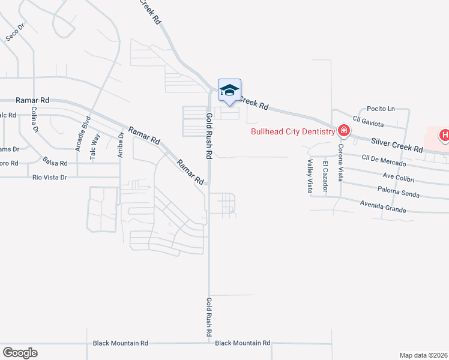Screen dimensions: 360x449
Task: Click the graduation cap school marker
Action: coord(229,91)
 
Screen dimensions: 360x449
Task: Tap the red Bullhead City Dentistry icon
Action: coord(344,131)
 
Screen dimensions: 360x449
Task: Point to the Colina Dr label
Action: coord(35,119)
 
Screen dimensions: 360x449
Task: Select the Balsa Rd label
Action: coord(55,160)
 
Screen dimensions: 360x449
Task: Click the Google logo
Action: coord(20,353)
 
